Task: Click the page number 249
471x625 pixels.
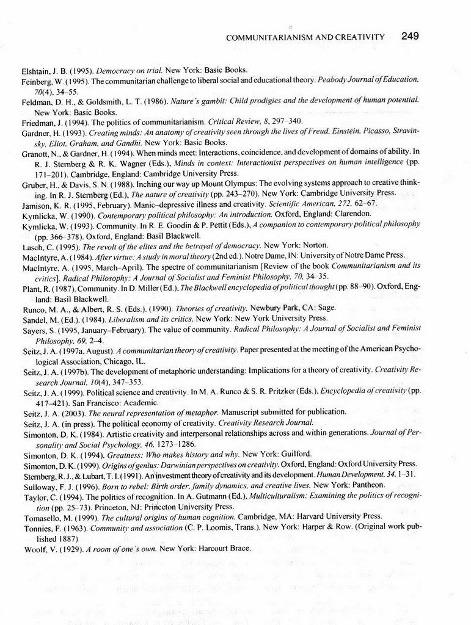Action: click(x=410, y=36)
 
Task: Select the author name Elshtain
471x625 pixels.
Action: click(x=35, y=70)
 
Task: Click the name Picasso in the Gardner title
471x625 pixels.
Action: click(x=370, y=132)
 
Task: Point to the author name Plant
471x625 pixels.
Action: click(x=30, y=289)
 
